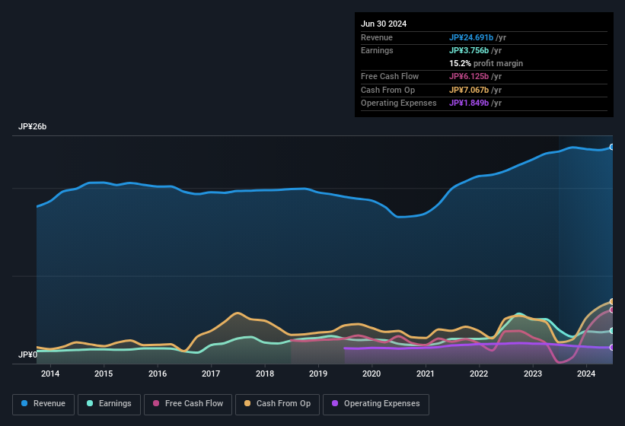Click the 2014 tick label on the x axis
50,374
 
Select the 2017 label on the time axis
211,374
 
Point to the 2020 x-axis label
371,374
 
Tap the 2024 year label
586,374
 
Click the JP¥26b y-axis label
33,127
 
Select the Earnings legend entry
106,404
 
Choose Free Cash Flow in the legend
188,404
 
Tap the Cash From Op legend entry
277,404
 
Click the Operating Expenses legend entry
376,404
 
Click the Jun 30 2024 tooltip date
384,24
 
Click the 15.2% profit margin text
486,63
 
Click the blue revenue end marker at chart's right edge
612,147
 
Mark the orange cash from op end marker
612,302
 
